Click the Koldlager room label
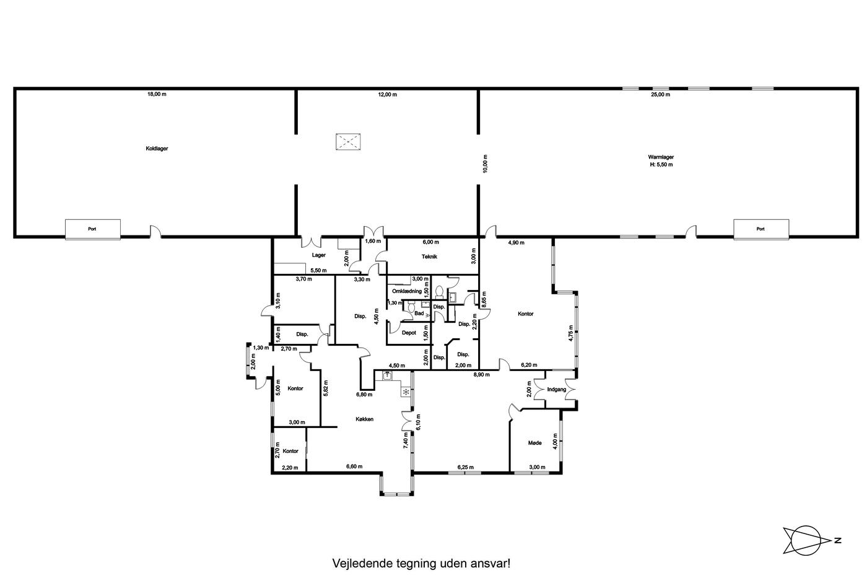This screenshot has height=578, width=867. click(157, 148)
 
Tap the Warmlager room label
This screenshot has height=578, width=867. click(661, 157)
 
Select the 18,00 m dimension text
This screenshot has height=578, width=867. click(157, 94)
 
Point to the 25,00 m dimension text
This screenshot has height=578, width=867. click(661, 94)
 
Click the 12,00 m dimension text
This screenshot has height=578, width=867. click(388, 94)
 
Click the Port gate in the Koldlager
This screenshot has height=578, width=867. click(92, 229)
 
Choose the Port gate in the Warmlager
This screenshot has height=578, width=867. click(761, 229)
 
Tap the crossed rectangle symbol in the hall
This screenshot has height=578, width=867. click(348, 142)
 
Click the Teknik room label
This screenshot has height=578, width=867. click(429, 256)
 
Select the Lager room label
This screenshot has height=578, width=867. click(318, 255)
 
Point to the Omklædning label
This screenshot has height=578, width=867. click(407, 291)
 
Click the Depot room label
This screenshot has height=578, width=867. click(409, 333)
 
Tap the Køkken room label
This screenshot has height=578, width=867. click(364, 419)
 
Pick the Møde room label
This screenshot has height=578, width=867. click(535, 443)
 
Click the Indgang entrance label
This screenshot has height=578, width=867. click(557, 390)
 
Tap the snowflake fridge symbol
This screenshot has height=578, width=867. click(406, 392)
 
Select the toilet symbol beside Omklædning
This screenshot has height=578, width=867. click(439, 291)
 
